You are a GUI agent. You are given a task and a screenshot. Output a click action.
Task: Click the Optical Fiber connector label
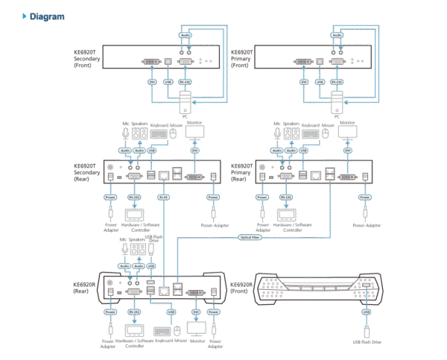[x=250, y=238]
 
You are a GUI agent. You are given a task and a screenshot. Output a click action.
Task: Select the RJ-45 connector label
[x=164, y=198]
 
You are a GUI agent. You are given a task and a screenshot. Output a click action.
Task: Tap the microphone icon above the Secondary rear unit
[x=124, y=133]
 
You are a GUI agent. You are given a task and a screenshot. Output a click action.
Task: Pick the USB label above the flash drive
[x=366, y=311]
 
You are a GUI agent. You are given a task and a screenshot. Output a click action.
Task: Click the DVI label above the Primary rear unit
[x=346, y=151]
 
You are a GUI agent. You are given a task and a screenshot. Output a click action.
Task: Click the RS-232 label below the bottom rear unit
[x=134, y=310]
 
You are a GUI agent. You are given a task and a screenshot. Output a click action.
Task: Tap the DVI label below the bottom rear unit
[x=196, y=310]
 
